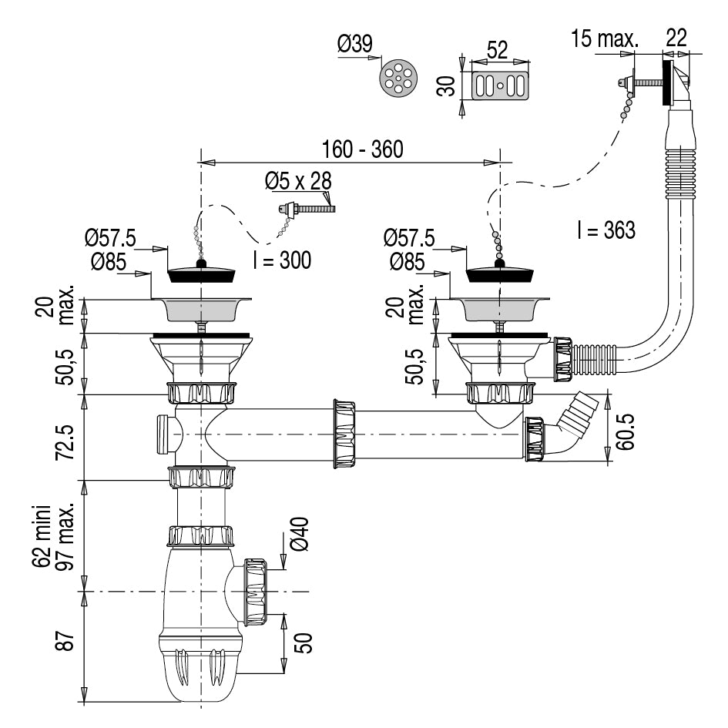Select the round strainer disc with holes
pos(399,78)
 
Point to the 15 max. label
pos(605,39)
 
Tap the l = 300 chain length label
pos(282,260)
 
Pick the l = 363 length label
pos(606,230)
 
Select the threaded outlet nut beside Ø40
pos(255,592)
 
